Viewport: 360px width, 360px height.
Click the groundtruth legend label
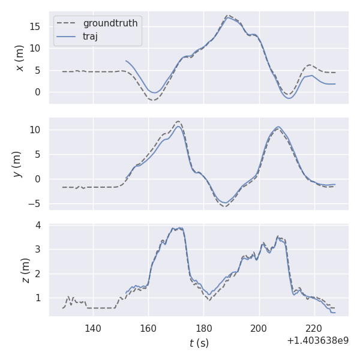[x=110, y=23]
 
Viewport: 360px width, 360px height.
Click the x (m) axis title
[x=20, y=58]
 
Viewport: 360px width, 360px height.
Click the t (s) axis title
[x=199, y=343]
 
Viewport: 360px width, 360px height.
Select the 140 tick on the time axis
[x=93, y=328]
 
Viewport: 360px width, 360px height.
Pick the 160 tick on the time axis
[x=148, y=328]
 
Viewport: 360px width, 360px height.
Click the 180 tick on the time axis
[x=204, y=328]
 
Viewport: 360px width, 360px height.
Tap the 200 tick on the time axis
[x=259, y=328]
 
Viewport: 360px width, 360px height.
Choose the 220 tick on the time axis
[x=314, y=328]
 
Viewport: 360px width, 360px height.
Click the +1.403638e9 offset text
[x=317, y=341]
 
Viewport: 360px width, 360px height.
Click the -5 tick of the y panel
[x=36, y=204]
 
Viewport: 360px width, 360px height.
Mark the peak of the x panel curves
[x=228, y=16]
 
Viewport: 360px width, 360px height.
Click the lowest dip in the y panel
[x=224, y=206]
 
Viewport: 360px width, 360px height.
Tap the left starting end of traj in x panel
[x=125, y=61]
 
